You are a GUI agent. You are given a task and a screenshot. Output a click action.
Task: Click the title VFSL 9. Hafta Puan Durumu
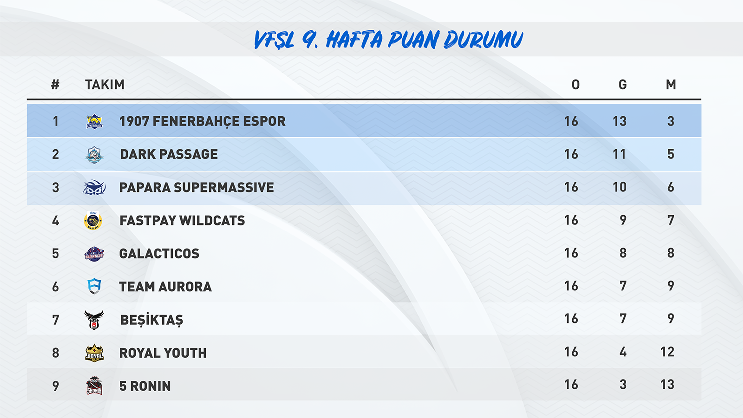[388, 39]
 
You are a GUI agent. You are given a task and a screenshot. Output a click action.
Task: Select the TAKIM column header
[105, 85]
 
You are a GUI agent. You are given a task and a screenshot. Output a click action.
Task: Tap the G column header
[623, 85]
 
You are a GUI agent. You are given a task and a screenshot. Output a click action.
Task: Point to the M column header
[671, 85]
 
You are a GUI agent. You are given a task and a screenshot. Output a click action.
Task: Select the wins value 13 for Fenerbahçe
[620, 121]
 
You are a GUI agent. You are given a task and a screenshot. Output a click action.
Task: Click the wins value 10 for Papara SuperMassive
[620, 187]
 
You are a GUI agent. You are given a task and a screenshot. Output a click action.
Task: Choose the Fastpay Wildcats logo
[93, 220]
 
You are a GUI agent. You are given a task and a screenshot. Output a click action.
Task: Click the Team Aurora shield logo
[94, 286]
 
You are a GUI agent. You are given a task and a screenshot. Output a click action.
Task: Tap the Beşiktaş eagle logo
[94, 320]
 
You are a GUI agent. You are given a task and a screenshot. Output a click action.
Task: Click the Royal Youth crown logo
[94, 353]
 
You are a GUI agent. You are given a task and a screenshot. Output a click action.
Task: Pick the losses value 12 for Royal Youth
[667, 352]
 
